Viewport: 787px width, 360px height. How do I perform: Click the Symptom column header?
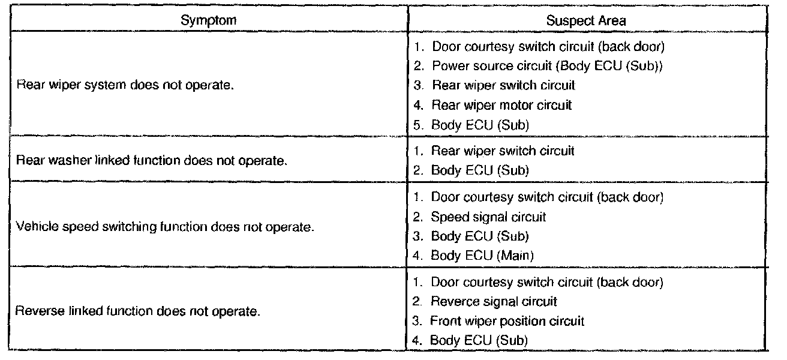pyautogui.click(x=208, y=20)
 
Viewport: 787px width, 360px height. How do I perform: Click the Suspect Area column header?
pyautogui.click(x=586, y=20)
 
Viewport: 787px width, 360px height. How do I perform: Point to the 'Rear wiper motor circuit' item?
pyautogui.click(x=501, y=105)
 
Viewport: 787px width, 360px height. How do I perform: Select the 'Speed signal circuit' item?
pyautogui.click(x=488, y=217)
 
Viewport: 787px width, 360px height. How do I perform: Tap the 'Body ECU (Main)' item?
pyautogui.click(x=482, y=256)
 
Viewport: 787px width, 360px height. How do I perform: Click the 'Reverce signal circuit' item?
pyautogui.click(x=494, y=301)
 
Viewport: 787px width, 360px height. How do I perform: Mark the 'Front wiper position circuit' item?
pyautogui.click(x=507, y=321)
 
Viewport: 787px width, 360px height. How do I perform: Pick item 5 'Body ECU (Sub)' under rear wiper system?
pyautogui.click(x=479, y=125)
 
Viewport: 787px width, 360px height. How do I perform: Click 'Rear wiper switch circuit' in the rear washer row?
pyautogui.click(x=502, y=151)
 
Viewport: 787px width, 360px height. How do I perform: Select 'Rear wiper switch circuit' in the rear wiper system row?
pyautogui.click(x=502, y=85)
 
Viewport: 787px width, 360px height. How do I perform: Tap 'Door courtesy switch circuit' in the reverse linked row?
pyautogui.click(x=546, y=281)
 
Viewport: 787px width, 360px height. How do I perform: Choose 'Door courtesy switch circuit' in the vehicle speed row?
pyautogui.click(x=546, y=197)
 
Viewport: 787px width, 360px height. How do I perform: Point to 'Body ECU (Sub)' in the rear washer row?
pyautogui.click(x=479, y=170)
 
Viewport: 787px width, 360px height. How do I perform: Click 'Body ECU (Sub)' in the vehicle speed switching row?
pyautogui.click(x=479, y=236)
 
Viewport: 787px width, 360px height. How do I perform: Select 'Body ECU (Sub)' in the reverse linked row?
pyautogui.click(x=479, y=340)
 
